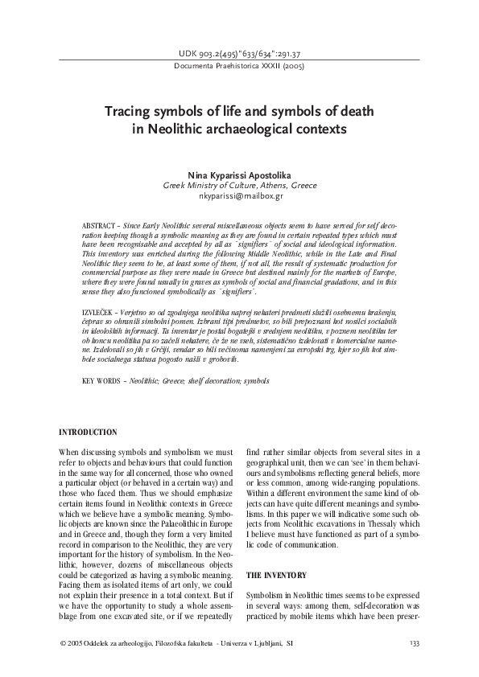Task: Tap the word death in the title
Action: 352,110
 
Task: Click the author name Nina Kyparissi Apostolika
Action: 240,174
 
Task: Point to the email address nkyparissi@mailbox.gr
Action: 240,195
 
